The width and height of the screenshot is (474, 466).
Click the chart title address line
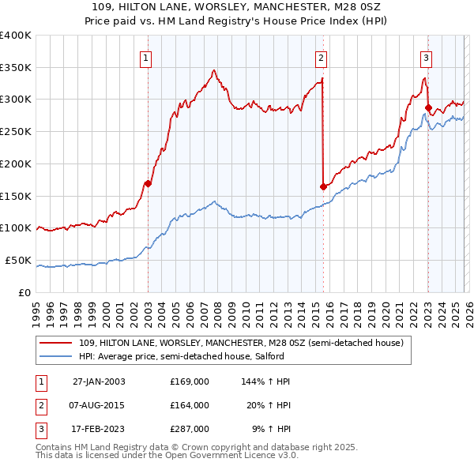236,7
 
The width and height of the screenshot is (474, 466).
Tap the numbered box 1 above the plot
147,57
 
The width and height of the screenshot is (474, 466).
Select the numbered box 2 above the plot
322,57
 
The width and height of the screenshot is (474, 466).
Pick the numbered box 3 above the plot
426,57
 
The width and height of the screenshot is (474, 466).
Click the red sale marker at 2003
148,183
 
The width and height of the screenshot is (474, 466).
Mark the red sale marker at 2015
323,186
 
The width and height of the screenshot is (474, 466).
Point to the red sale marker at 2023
428,107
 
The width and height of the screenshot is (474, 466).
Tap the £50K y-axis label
18,260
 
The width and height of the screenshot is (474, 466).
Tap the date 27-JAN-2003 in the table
99,381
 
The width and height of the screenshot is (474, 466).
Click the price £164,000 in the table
189,405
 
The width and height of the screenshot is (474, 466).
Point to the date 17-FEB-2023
99,429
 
